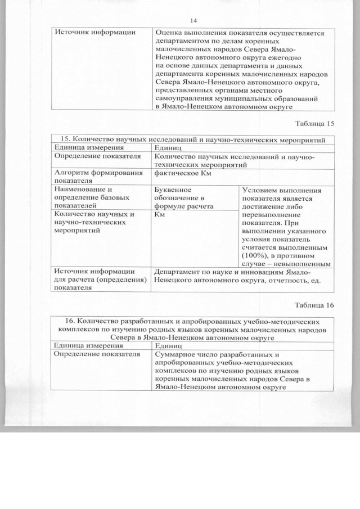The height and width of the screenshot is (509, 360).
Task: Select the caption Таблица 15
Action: click(x=315, y=123)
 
